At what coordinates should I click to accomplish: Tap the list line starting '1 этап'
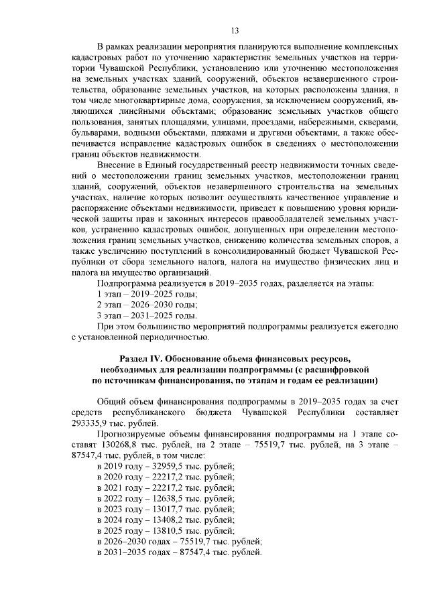tap(147, 293)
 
